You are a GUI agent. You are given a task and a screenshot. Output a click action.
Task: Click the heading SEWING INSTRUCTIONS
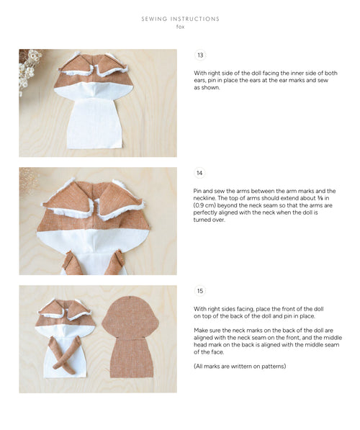click(180, 19)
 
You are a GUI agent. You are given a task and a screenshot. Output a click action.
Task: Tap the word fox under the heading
click(180, 27)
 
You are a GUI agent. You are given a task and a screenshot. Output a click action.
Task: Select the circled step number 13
click(200, 55)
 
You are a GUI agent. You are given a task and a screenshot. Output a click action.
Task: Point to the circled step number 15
click(200, 291)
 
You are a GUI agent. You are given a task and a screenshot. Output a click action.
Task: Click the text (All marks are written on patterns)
click(240, 367)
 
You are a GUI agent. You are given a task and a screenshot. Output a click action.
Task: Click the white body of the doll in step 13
click(95, 122)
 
